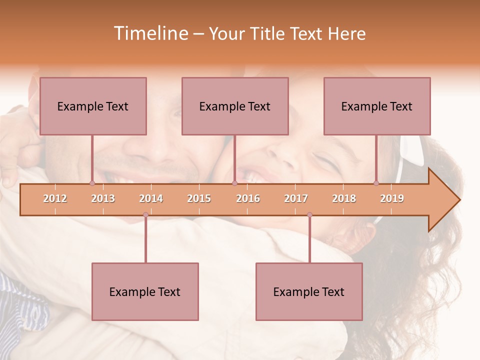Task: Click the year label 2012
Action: [x=55, y=198]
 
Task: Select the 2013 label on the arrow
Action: [x=103, y=198]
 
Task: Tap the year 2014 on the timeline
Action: [x=151, y=198]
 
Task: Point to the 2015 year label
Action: [x=199, y=198]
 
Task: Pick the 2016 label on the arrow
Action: [x=248, y=198]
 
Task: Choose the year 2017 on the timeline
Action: [x=296, y=198]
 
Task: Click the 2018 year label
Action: [x=344, y=198]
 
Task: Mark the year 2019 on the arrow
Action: [x=392, y=198]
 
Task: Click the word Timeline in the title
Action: [x=150, y=33]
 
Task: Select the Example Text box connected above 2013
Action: [x=93, y=106]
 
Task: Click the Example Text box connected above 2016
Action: [x=235, y=106]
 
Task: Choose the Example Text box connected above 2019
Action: [x=377, y=106]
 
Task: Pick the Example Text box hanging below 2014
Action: [x=145, y=291]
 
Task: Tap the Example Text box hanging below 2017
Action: [x=309, y=291]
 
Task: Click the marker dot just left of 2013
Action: [x=92, y=183]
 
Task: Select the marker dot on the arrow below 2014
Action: [x=145, y=215]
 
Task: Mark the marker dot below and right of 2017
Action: [x=309, y=215]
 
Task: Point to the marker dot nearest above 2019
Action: [x=376, y=183]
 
